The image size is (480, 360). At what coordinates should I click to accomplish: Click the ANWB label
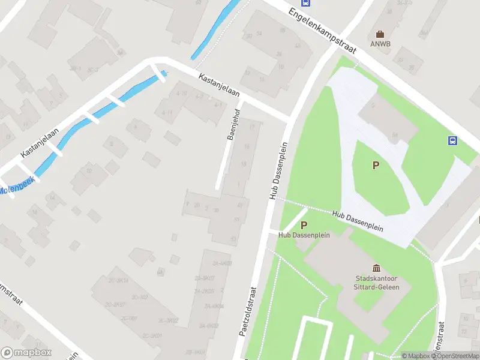379,44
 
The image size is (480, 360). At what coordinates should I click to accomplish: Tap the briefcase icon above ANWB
379,34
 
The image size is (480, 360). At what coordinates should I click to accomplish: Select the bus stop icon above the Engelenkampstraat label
306,2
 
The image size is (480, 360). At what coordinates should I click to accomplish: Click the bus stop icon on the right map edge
452,141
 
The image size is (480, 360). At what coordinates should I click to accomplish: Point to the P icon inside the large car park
376,166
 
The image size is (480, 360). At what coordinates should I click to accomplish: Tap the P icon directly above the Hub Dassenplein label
304,226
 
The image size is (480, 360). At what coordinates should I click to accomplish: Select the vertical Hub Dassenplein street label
277,171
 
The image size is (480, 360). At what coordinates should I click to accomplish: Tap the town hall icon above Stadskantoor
376,268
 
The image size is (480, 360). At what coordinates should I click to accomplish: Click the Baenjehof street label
234,124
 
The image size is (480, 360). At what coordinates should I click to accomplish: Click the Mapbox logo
26,353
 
